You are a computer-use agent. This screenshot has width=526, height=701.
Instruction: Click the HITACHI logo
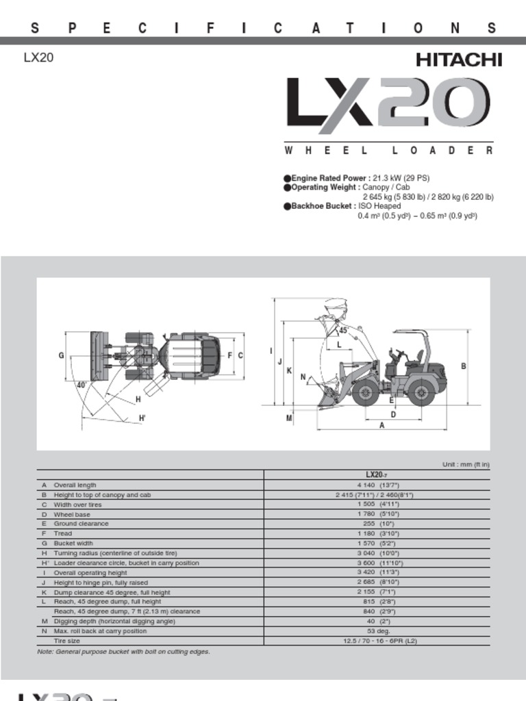click(459, 60)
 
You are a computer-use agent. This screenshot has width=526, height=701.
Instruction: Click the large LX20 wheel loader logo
click(388, 105)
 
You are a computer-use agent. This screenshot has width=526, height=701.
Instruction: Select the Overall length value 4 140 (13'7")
click(377, 485)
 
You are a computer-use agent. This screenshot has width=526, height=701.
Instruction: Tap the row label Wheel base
click(72, 514)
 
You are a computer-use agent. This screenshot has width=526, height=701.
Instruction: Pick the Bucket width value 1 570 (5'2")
click(377, 544)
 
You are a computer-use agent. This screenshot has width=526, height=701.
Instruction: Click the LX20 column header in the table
click(377, 474)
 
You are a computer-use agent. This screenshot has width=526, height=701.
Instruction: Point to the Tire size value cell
click(377, 641)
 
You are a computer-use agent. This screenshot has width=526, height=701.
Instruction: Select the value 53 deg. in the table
click(377, 631)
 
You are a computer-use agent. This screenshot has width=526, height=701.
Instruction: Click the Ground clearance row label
click(81, 524)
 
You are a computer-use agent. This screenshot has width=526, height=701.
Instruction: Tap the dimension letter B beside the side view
click(464, 366)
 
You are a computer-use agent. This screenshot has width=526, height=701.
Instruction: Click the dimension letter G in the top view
click(61, 355)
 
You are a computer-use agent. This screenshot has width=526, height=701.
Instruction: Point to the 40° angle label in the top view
click(82, 385)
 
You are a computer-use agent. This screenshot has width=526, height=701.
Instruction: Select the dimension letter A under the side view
click(382, 425)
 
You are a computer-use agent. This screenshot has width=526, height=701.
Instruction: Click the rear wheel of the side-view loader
click(421, 393)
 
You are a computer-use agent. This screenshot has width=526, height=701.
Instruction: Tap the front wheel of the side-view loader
click(366, 393)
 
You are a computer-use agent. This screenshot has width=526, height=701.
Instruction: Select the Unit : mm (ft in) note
click(466, 465)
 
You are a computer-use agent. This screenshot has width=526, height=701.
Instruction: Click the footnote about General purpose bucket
click(123, 652)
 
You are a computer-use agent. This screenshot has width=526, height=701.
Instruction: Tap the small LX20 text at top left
click(38, 58)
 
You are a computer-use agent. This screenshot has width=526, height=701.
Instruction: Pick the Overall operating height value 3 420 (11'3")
click(377, 572)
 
